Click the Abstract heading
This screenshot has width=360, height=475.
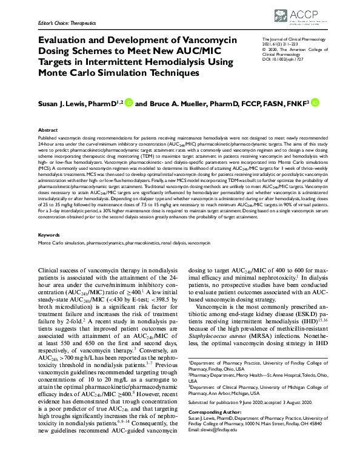pyautogui.click(x=48, y=130)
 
